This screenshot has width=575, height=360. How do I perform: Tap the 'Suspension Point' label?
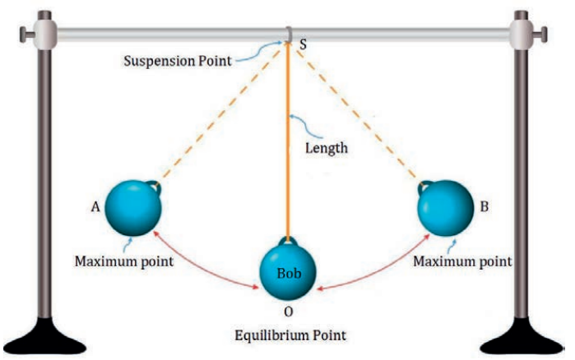tap(176, 61)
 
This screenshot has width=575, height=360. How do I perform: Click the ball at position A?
tap(133, 208)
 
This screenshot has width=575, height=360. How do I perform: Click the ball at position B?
tap(444, 209)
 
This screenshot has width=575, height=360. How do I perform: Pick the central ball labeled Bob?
tap(287, 270)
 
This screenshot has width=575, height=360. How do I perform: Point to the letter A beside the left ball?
tap(96, 209)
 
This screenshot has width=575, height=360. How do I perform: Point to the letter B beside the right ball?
tap(485, 208)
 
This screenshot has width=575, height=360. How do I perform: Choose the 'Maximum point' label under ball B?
tap(461, 261)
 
